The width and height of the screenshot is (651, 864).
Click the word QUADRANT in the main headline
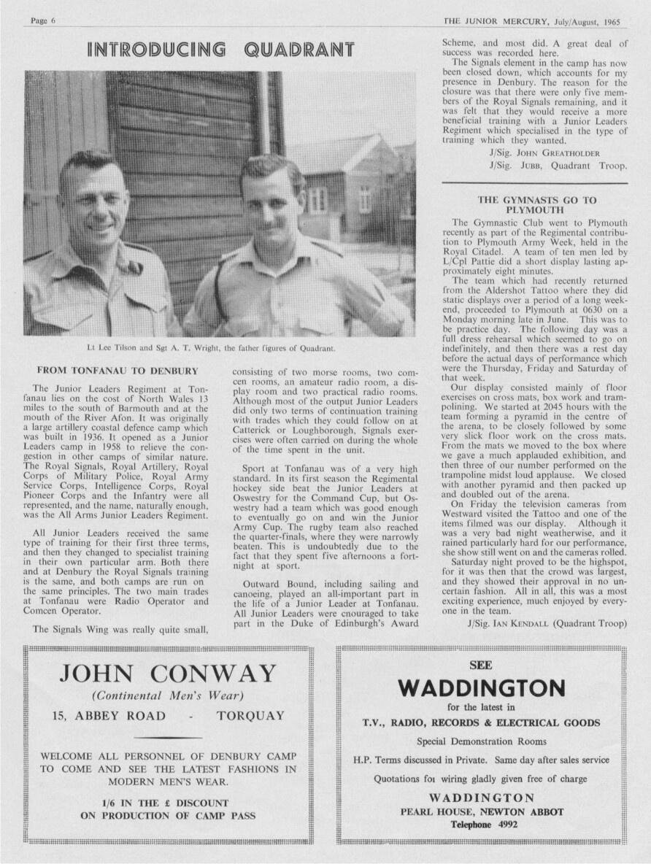[299, 50]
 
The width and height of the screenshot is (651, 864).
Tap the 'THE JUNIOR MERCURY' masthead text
[492, 21]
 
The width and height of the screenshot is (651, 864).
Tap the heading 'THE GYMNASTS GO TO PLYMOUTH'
[536, 205]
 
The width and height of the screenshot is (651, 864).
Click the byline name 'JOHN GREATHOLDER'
[550, 153]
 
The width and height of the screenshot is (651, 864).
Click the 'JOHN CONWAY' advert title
[169, 673]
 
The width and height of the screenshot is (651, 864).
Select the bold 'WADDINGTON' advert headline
[482, 688]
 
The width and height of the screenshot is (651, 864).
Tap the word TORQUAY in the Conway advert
[250, 717]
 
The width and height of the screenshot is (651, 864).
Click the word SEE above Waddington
[481, 666]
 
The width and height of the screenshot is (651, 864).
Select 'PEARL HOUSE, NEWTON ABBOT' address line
[482, 811]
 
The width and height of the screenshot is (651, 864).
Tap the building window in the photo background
[317, 198]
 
